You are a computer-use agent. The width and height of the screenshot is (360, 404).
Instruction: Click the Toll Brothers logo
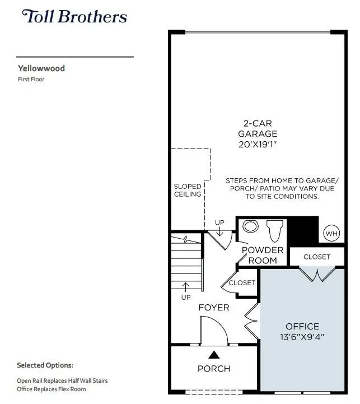tap(74, 16)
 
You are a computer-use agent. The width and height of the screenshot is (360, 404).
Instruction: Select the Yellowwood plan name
tap(41, 68)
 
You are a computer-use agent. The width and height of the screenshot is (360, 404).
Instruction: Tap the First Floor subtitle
tap(32, 80)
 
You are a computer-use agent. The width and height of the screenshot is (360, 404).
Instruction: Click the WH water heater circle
tap(331, 233)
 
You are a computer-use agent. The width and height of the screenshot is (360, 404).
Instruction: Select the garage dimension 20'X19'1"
tap(258, 145)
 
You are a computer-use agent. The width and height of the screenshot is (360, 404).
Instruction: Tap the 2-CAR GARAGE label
tap(258, 128)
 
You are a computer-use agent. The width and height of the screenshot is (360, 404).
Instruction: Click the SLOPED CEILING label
tap(188, 190)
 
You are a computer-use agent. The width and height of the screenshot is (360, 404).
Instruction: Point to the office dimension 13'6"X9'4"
tap(302, 337)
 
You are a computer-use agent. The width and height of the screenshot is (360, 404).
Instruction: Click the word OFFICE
tap(302, 326)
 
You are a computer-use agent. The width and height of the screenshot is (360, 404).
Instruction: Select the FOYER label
tap(214, 308)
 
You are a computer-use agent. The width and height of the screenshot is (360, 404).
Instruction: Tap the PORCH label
tap(214, 368)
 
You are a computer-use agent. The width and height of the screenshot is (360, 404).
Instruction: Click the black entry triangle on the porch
tap(214, 354)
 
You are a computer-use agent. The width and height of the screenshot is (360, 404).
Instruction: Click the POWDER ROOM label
tap(263, 255)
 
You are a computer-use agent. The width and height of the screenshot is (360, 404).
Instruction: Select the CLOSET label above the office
tap(317, 257)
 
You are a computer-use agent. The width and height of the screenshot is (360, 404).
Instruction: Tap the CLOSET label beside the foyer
tap(242, 283)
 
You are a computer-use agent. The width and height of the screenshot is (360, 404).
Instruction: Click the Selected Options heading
tap(45, 365)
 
